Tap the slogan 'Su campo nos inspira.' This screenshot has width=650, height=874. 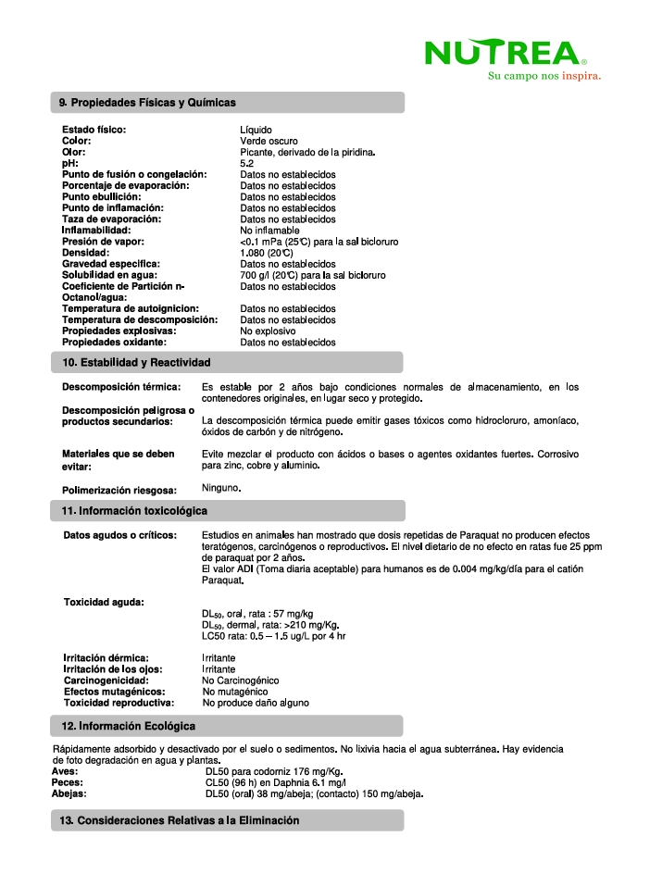point(544,76)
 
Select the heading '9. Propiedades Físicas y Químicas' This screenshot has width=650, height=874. point(148,102)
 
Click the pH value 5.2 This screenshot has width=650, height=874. point(247,163)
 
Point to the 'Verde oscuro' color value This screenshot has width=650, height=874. point(269,141)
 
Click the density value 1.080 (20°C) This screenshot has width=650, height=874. point(267,252)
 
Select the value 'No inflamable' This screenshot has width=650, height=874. point(269,230)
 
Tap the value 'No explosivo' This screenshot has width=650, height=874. point(268,331)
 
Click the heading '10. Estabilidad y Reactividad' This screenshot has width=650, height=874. point(136,362)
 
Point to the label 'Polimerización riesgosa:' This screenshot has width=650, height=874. point(119,491)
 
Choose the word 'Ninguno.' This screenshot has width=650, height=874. point(221,487)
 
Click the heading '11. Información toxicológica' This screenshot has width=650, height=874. point(134,511)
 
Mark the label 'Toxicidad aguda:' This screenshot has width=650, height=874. point(103,602)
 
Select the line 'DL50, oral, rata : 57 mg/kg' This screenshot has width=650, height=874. point(257,614)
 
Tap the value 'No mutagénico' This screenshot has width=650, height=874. point(235,691)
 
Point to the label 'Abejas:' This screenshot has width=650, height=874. point(69,793)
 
